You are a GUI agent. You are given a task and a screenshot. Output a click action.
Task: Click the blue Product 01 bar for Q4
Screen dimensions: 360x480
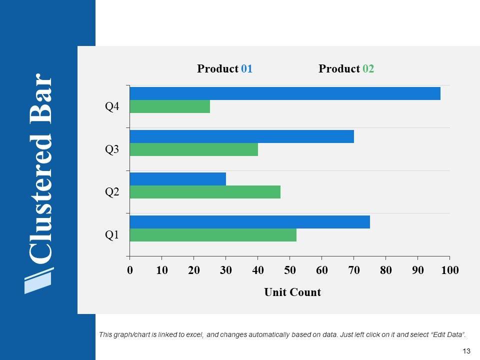click(285, 93)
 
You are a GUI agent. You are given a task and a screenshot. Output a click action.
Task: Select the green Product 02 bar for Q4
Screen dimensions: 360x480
click(170, 106)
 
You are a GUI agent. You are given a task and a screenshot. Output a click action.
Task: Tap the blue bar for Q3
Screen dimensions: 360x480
click(242, 136)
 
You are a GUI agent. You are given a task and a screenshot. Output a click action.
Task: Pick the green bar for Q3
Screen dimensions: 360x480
click(194, 149)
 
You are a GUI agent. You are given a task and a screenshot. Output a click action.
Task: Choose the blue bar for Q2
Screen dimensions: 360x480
click(178, 179)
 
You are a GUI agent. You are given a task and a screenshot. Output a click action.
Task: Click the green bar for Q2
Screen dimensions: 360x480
click(205, 192)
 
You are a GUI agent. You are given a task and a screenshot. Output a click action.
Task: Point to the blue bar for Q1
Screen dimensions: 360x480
click(250, 222)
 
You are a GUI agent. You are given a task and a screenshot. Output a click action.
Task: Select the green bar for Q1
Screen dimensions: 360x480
click(213, 235)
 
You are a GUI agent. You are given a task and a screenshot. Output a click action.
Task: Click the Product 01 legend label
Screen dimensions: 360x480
click(224, 69)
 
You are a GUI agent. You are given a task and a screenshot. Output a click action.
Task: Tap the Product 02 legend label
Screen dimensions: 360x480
click(346, 69)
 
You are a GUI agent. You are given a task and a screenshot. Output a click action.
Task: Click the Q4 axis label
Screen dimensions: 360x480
click(112, 106)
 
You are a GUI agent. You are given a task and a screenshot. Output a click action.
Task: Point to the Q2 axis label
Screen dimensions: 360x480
click(112, 191)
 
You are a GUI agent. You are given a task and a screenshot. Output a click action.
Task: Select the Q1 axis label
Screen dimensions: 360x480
click(112, 234)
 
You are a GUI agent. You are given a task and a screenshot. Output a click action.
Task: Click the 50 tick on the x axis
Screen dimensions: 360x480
click(290, 270)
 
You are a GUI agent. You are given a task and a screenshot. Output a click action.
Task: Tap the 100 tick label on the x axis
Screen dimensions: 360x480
click(449, 270)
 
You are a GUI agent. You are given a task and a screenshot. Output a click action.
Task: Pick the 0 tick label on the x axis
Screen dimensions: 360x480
click(130, 270)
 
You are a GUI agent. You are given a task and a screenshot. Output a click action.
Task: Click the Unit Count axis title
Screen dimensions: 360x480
click(292, 292)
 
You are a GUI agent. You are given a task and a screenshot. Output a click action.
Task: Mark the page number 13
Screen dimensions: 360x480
click(467, 351)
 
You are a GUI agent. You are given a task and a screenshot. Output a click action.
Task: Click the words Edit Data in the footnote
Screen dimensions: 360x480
click(451, 334)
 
